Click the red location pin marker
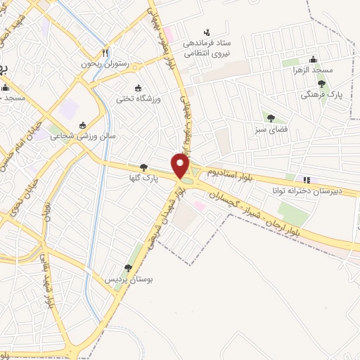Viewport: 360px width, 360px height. tap(181, 167)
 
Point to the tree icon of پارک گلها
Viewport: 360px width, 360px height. tap(144, 167)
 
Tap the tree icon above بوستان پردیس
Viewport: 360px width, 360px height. tap(128, 268)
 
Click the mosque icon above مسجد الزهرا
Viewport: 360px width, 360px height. tap(313, 59)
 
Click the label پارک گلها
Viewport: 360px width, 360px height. tap(146, 179)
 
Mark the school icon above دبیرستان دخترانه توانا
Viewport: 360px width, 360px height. tap(304, 180)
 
